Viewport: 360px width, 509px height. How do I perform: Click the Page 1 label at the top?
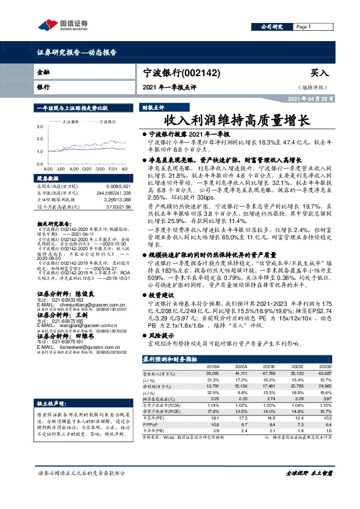click(304, 27)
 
